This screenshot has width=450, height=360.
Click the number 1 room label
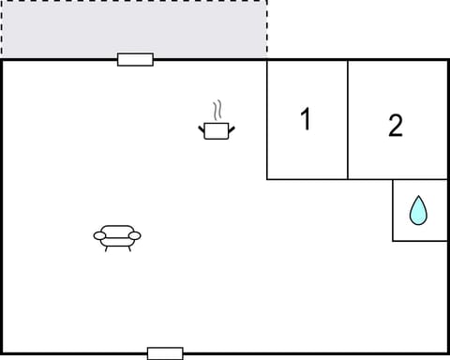click(x=305, y=120)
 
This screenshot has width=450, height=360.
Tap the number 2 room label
click(x=396, y=126)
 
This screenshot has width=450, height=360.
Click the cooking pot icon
click(x=217, y=130)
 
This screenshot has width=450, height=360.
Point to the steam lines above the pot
click(x=217, y=109)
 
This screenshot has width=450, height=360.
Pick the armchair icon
click(x=117, y=237)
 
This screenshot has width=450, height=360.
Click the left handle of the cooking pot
click(x=202, y=127)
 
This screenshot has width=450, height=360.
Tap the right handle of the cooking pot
click(x=232, y=127)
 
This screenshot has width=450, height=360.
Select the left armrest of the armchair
click(x=98, y=235)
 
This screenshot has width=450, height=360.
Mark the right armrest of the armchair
click(x=135, y=235)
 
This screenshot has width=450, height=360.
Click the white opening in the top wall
click(x=135, y=60)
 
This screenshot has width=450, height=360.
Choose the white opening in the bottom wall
click(x=165, y=353)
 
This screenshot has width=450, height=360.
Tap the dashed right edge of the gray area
click(x=266, y=28)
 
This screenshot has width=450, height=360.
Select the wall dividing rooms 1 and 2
click(x=348, y=120)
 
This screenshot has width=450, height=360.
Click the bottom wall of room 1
click(x=307, y=179)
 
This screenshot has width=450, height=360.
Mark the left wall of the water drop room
click(x=393, y=210)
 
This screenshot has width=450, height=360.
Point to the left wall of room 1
click(x=267, y=120)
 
